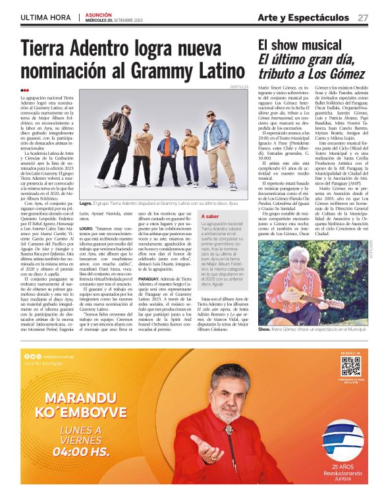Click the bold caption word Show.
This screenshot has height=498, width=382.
(264, 346)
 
